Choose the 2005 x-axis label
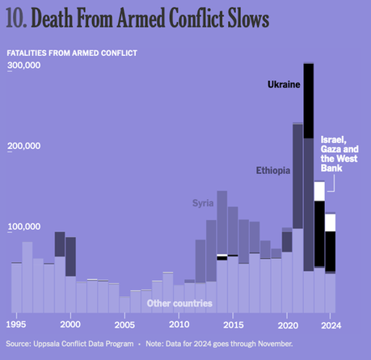click(124, 325)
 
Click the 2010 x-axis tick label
click(179, 325)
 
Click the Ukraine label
click(284, 83)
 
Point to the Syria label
click(203, 202)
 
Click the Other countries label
click(179, 303)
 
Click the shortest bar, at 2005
click(124, 304)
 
